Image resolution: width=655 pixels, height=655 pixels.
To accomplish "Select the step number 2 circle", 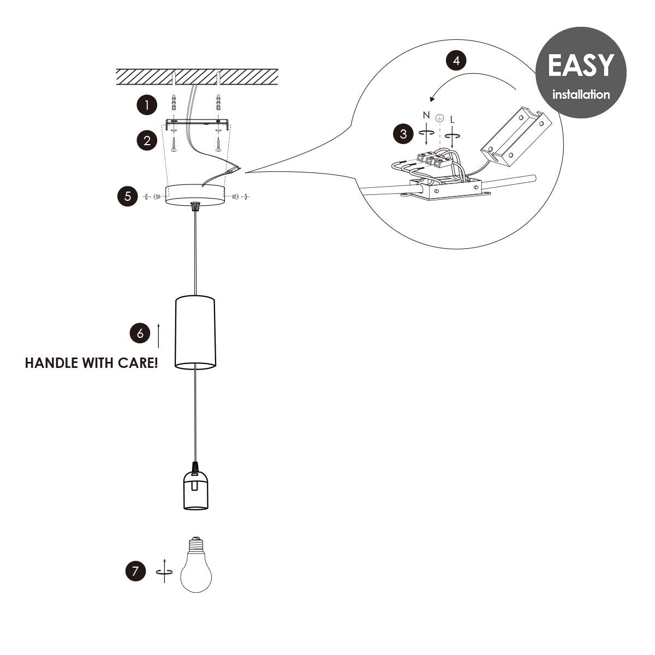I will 146,141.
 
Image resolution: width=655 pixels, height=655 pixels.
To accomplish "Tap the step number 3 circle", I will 403,134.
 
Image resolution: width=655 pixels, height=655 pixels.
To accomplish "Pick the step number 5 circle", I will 127,196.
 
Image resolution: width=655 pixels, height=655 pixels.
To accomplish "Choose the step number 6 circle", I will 140,333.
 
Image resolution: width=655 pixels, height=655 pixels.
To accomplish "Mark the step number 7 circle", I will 135,571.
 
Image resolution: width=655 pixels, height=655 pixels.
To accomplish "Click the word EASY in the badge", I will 580,65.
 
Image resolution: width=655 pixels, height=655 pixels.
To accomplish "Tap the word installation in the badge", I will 581,94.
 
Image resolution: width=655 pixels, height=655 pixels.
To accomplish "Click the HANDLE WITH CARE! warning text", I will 92,363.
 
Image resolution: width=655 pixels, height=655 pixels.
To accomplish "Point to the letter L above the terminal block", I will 452,118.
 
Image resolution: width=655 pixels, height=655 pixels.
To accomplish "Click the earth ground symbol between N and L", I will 439,117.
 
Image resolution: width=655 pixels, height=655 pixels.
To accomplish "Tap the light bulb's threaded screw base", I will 195,544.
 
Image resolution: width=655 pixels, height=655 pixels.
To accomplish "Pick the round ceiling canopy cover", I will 195,195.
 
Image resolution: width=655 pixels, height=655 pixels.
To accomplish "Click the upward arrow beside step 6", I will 158,335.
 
